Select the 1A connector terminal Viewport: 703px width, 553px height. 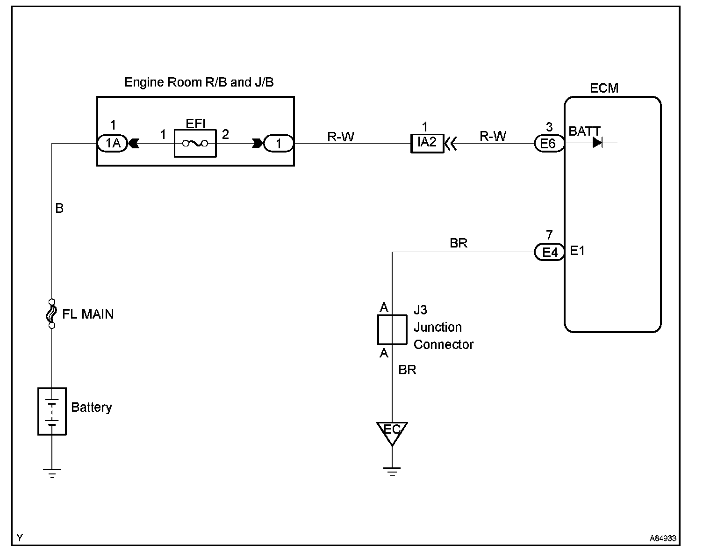[x=113, y=143]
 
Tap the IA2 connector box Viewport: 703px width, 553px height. [x=427, y=143]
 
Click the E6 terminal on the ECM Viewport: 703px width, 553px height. [x=549, y=143]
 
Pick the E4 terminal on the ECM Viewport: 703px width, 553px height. [x=549, y=252]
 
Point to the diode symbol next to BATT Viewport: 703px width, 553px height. [x=597, y=142]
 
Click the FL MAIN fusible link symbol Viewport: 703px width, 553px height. [x=51, y=314]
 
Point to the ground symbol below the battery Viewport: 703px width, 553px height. [x=52, y=473]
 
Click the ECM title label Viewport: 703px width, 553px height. [x=604, y=88]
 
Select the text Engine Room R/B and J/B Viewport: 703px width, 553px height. [x=199, y=82]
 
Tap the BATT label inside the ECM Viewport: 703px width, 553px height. [x=584, y=131]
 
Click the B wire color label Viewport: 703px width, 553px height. [x=59, y=208]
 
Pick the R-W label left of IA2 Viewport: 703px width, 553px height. [x=341, y=137]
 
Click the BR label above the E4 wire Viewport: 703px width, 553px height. [x=459, y=243]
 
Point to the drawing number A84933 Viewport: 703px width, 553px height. [x=663, y=538]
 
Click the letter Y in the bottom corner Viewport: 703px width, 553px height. [x=20, y=538]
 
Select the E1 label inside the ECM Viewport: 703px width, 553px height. [x=577, y=251]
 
